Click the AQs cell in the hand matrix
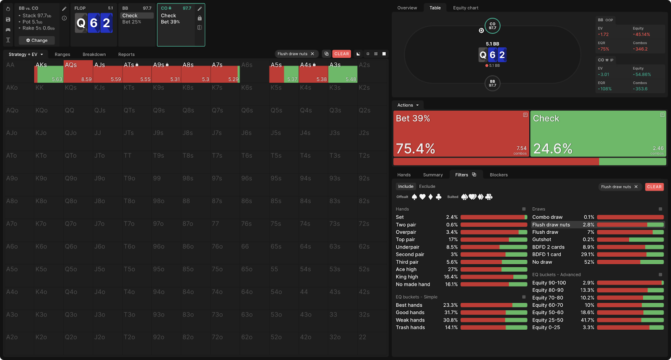(78, 71)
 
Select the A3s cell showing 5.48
(343, 71)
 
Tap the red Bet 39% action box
(461, 133)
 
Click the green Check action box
(598, 133)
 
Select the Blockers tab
(498, 175)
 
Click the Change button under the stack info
(37, 41)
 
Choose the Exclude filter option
(427, 187)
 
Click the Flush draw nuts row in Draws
(551, 225)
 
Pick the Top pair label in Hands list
(405, 240)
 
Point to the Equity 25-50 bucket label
(547, 320)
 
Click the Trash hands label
(410, 328)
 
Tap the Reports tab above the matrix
(126, 55)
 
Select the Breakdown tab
(94, 55)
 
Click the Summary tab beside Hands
(433, 175)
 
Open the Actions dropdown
(408, 105)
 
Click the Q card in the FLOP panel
(81, 23)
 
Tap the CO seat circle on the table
(492, 26)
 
